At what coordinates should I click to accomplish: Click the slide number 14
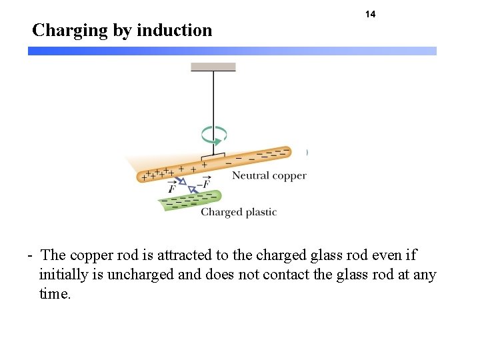371,14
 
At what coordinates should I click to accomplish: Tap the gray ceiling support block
213,67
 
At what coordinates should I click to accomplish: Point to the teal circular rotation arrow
215,135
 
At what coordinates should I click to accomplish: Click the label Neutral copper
269,176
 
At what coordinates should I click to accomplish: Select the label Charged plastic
238,212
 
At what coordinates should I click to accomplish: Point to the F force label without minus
172,189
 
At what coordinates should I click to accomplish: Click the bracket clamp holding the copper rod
213,156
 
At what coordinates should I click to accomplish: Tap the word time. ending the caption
55,293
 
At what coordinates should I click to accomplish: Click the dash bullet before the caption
31,255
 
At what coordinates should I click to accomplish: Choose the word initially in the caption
64,274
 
